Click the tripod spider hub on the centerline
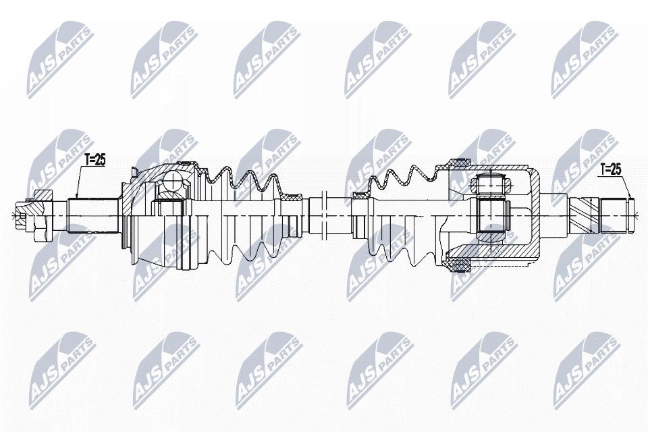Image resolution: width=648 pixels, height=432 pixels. click(x=491, y=215)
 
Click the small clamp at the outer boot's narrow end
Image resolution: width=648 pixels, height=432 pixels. click(x=292, y=198)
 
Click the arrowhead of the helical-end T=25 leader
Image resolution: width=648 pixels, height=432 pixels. click(x=630, y=196)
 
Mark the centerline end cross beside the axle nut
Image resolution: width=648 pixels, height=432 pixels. click(x=13, y=215)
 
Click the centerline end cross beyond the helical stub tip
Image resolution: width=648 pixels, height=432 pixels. click(x=639, y=215)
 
